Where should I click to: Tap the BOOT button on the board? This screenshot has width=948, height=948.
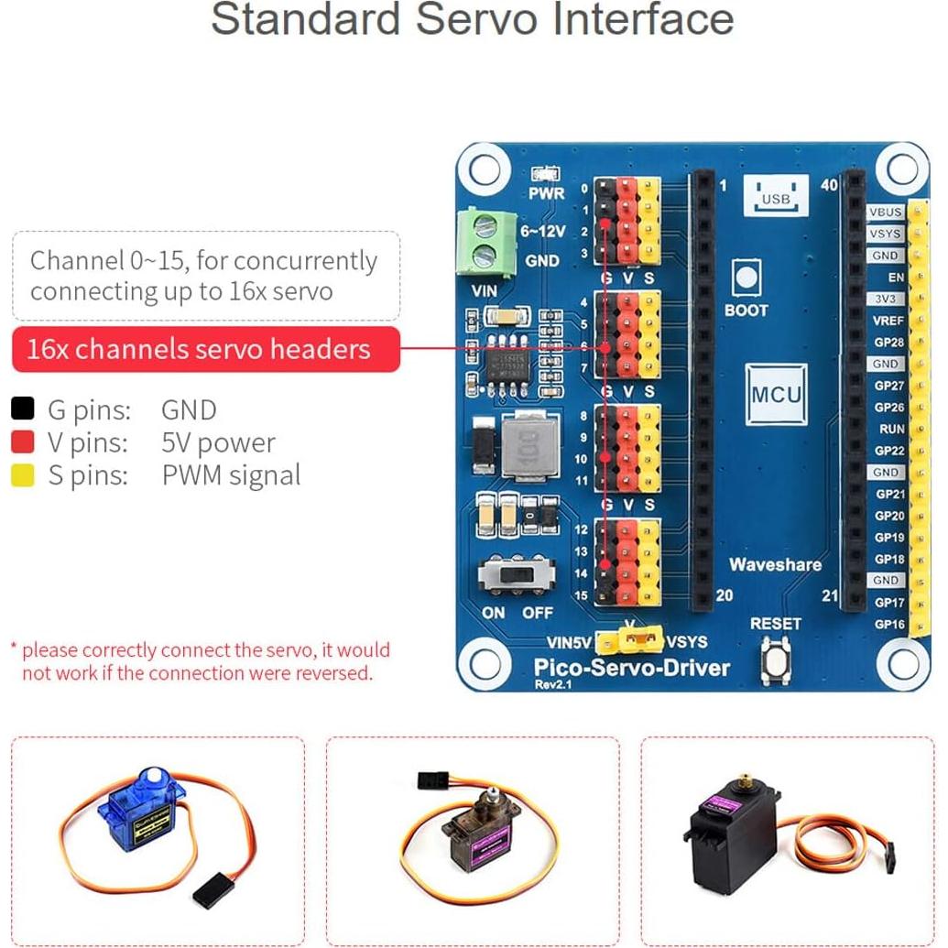746,277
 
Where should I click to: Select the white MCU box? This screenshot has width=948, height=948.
776,395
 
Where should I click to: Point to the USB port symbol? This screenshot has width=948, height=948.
775,195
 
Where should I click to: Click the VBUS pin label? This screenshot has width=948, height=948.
886,212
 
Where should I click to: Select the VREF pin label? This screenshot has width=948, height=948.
887,321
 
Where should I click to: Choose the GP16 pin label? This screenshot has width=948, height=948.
888,624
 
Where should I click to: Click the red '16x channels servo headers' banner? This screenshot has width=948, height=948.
205,349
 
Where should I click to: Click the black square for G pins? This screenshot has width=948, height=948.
23,409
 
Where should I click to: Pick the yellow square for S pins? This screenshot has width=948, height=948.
23,475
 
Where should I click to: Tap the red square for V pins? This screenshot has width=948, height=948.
23,442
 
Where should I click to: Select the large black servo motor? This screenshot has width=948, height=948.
733,834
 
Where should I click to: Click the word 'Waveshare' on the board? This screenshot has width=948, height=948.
775,564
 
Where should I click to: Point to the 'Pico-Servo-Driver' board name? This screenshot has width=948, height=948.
632,667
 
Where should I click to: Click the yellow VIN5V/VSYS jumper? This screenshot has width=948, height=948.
630,639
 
